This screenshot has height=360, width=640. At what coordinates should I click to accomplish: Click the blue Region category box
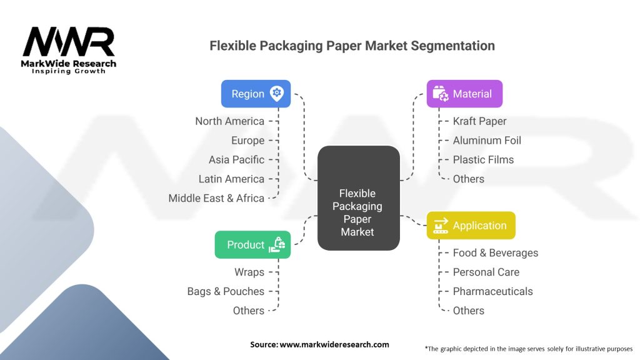point(256,94)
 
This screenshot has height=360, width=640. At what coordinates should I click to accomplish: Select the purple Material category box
point(464,94)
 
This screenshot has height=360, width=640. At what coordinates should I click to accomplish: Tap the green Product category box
point(252,244)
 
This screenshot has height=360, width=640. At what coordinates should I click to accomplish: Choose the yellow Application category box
point(471,226)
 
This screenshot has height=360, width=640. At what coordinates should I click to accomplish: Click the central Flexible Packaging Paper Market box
point(358,198)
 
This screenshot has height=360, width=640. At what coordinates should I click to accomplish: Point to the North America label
point(229,121)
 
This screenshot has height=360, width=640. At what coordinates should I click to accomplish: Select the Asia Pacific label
point(236,159)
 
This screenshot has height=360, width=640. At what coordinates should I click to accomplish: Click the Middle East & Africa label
point(216,198)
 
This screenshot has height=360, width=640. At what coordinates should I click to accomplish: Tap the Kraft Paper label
point(479,121)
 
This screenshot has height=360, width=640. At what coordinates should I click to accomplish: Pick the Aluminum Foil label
point(487,141)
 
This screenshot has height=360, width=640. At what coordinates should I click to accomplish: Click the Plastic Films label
point(483,159)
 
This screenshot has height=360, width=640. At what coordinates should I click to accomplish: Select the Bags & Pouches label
point(226,291)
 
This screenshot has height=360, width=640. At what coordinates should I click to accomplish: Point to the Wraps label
point(249,272)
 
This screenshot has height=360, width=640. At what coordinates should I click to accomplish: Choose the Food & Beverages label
point(495,253)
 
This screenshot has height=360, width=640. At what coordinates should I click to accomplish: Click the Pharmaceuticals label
point(492,291)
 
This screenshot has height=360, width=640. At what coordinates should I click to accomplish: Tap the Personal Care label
point(486,272)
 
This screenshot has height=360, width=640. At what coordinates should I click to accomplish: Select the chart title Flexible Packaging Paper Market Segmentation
point(352,46)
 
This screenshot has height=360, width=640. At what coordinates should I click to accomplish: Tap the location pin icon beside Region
point(276,94)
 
